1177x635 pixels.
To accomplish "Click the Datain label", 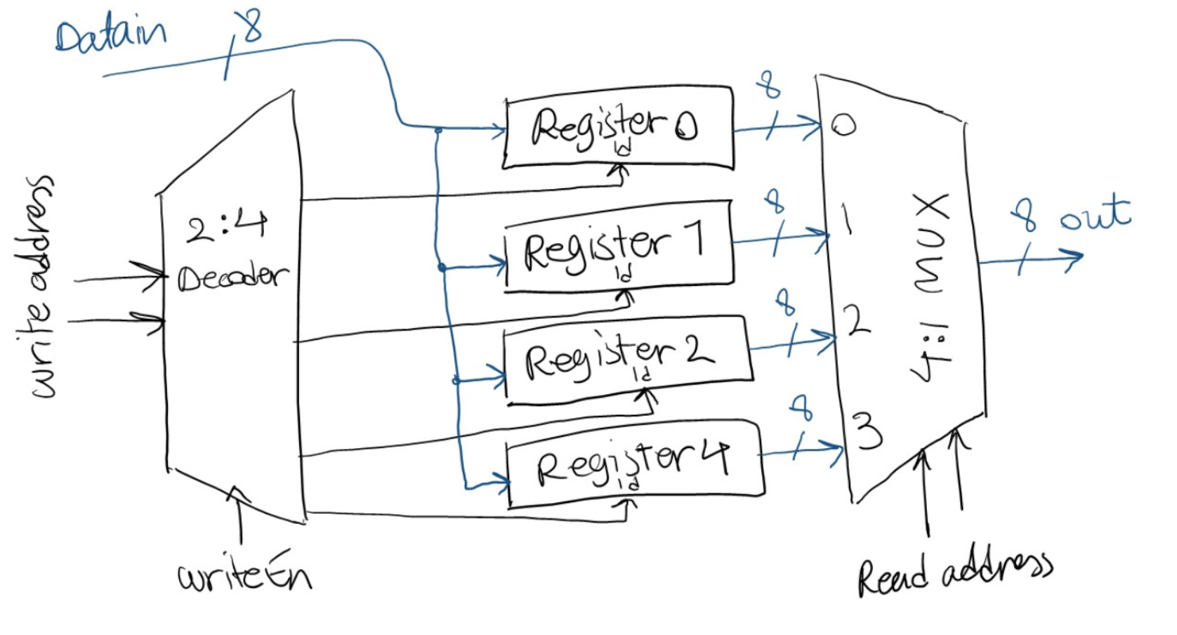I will (111, 34).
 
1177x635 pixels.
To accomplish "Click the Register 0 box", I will (618, 127).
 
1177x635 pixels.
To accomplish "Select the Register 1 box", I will (618, 246).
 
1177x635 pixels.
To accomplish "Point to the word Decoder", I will (232, 277).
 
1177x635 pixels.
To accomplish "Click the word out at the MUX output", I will (1095, 214).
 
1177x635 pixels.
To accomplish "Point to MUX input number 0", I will (843, 126).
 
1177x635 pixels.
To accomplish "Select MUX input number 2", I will (857, 321).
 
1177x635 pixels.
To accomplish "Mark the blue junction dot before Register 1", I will (442, 268).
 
